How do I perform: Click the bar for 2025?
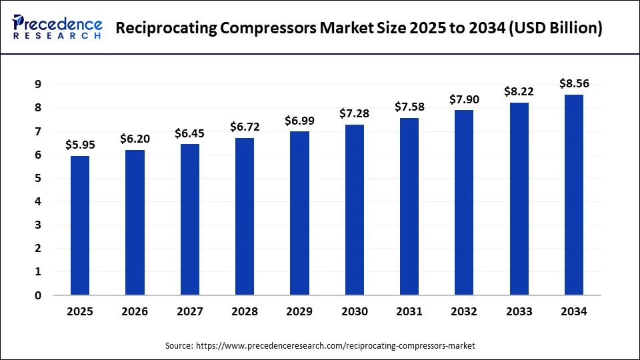[x=80, y=225]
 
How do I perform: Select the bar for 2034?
[x=574, y=195]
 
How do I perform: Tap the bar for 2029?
[x=299, y=213]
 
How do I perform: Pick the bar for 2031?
[x=409, y=206]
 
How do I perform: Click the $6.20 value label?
[x=135, y=139]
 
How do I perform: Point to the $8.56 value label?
[x=574, y=83]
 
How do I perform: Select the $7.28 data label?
[x=354, y=113]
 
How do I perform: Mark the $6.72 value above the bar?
[x=245, y=127]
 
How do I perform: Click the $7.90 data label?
[x=464, y=99]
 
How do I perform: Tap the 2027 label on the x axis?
[x=190, y=311]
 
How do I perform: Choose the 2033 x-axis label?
[x=519, y=311]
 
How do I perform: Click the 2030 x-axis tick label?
[x=354, y=311]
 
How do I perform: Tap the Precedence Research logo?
[x=57, y=28]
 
